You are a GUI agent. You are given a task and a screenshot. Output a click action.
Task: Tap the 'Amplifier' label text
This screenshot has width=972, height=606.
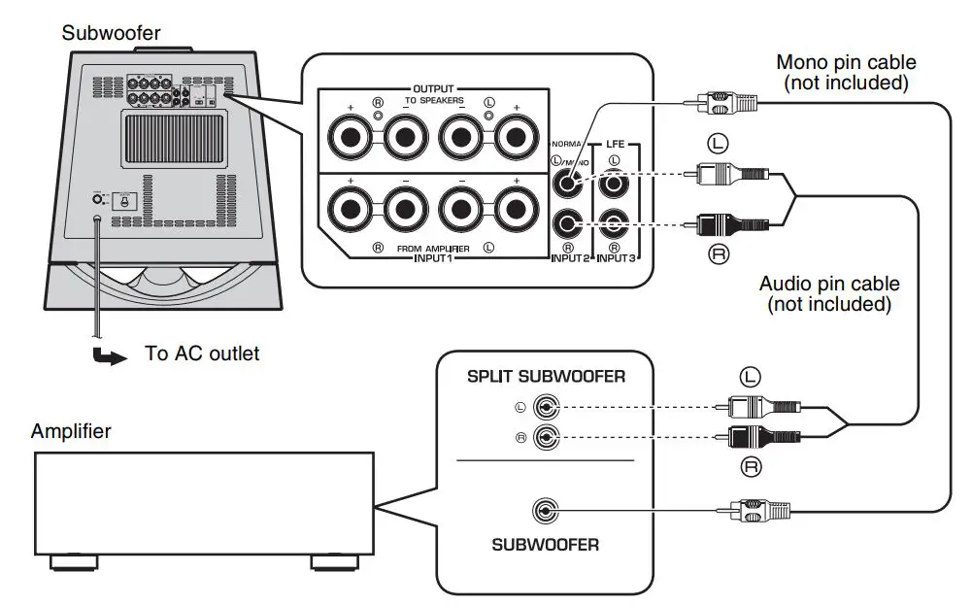coord(71,430)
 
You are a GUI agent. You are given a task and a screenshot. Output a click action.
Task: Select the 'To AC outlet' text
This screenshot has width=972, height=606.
coord(202,353)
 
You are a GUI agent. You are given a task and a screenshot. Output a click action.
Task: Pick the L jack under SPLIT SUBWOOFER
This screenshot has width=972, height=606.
coord(546,408)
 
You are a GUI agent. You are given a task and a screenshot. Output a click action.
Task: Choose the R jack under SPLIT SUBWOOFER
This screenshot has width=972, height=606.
coord(546,438)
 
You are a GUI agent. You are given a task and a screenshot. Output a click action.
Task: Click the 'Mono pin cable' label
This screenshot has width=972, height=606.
coord(845,73)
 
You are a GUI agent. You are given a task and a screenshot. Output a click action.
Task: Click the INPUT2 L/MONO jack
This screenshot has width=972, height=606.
coord(568,181)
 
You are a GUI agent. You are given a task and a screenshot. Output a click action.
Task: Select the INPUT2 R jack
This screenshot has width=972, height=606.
coord(568,225)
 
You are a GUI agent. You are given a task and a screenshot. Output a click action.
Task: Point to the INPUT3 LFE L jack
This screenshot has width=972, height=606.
coord(614,182)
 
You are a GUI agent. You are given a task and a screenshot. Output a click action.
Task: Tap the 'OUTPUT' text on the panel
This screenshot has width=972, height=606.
coord(433,88)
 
